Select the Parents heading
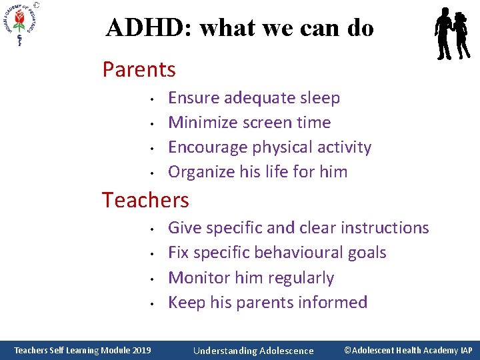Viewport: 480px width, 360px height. (139, 69)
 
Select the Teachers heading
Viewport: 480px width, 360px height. (145, 199)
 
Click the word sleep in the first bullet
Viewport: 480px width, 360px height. (319, 98)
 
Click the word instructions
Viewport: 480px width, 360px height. (385, 228)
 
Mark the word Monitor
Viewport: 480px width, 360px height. (197, 277)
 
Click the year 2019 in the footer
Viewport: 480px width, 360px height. (141, 351)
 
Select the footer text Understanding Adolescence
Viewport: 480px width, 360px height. (253, 351)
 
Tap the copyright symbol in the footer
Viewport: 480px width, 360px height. (347, 350)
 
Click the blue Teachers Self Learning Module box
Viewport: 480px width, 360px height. (83, 350)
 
